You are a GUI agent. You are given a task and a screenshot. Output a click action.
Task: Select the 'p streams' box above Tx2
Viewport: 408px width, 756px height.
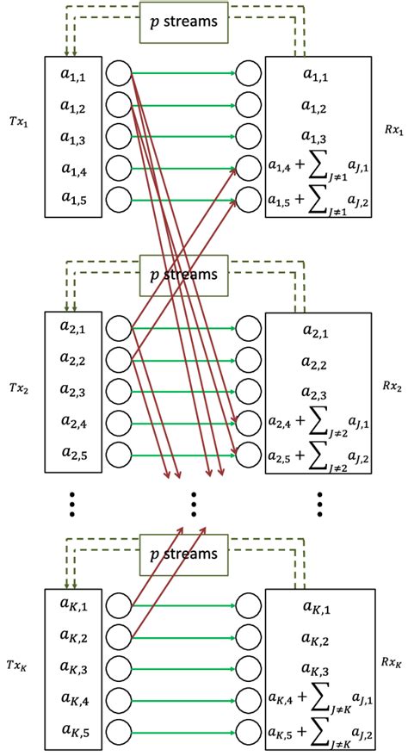183,276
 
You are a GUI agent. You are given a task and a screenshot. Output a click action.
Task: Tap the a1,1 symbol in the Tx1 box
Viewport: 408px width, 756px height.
72,75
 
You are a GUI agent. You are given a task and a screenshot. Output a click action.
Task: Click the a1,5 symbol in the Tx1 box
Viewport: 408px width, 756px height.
72,198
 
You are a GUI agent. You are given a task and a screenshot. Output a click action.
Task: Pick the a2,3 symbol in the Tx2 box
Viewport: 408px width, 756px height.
72,390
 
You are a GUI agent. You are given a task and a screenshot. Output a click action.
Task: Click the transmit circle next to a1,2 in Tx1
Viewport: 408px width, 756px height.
119,105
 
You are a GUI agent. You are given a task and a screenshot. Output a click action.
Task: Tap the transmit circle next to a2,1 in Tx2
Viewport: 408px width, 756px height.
119,328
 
